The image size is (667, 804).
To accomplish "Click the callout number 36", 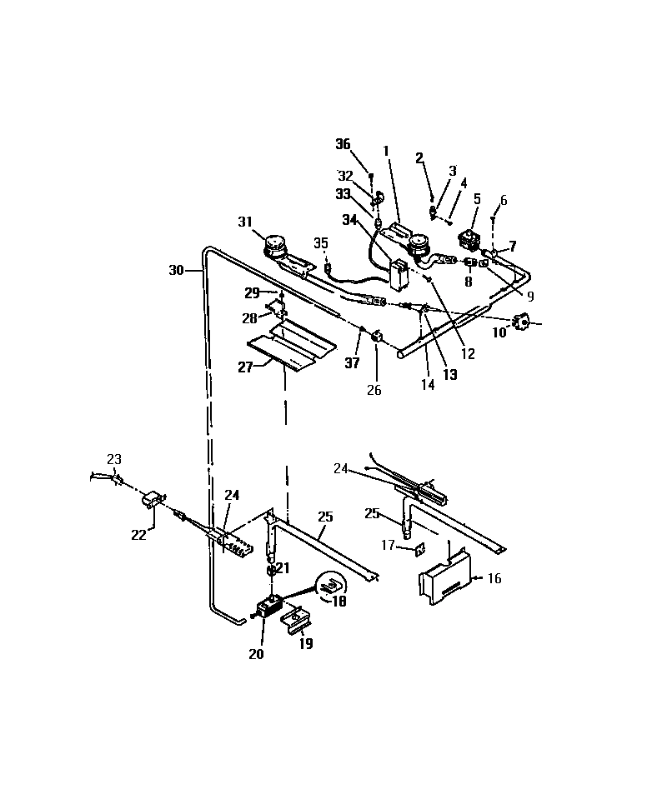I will point(343,144).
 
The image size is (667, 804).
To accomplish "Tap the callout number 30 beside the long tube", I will point(175,270).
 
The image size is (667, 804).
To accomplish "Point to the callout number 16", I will point(494,578).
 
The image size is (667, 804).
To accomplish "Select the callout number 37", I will point(353,362).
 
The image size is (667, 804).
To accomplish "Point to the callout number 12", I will point(468,353).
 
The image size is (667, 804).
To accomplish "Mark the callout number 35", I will point(321,242).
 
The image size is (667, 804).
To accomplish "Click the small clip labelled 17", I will point(420,547).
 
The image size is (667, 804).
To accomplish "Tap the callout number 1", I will point(387,151).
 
